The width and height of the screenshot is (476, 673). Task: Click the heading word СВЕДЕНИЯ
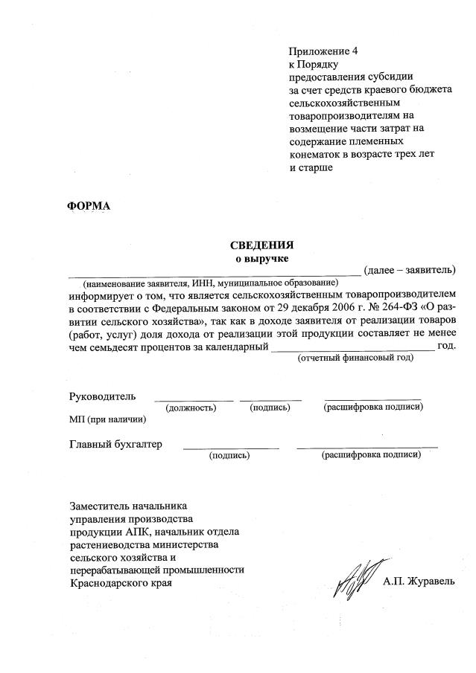(x=261, y=245)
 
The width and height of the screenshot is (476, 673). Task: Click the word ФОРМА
(x=89, y=206)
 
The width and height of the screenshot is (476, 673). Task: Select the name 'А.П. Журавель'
(x=419, y=582)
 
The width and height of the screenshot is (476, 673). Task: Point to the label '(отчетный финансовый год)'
(x=355, y=358)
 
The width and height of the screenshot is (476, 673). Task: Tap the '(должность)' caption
(x=191, y=408)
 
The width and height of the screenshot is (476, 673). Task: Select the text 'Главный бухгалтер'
(x=115, y=444)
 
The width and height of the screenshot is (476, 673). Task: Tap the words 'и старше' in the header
(x=311, y=168)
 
